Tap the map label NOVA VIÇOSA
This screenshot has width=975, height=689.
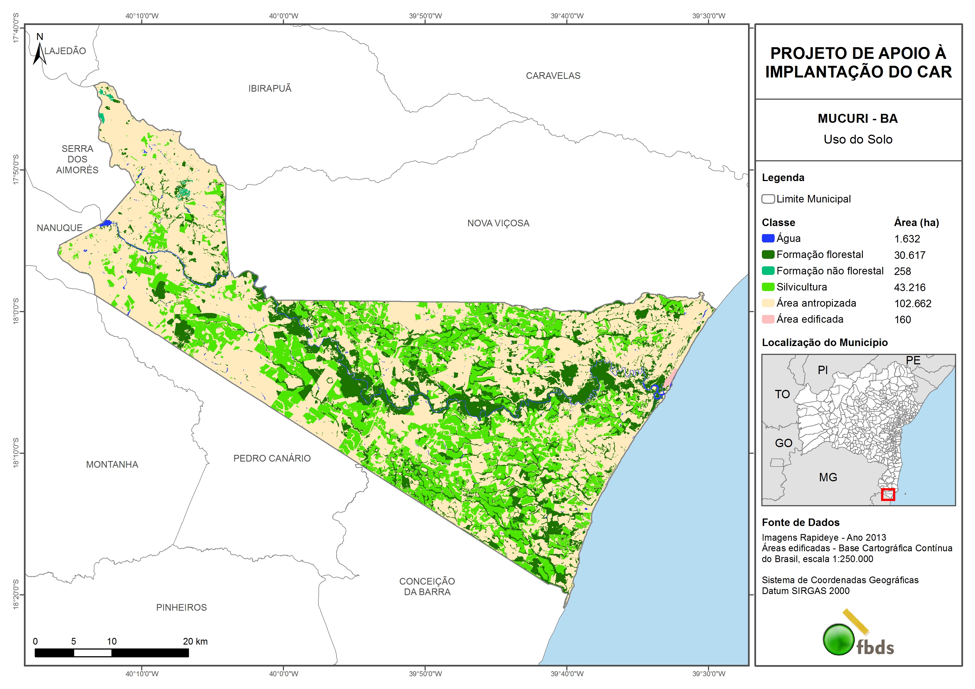(x=498, y=223)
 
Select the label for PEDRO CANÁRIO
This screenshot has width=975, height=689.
(x=272, y=459)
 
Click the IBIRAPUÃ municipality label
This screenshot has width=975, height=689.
(x=270, y=89)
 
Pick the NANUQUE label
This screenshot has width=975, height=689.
(x=59, y=228)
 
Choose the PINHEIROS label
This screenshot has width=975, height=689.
(x=181, y=607)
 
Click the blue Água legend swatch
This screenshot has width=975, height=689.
(x=768, y=239)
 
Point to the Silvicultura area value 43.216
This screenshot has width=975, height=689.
(x=909, y=287)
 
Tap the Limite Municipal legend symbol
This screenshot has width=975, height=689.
(x=768, y=199)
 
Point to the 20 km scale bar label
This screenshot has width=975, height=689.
(x=195, y=642)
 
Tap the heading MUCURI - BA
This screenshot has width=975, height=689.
(x=857, y=118)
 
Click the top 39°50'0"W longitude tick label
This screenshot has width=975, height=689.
(x=425, y=16)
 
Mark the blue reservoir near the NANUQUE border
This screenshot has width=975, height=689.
(x=106, y=223)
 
